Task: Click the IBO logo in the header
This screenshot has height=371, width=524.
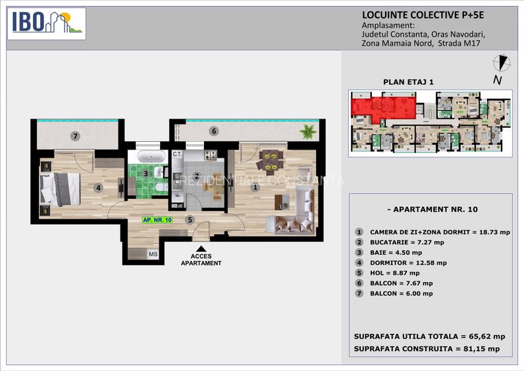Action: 46,23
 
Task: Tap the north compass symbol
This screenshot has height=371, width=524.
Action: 502,63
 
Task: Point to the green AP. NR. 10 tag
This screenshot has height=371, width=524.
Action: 157,220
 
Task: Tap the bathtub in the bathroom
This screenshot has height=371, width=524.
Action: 151,157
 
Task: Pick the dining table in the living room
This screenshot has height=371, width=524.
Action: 270,159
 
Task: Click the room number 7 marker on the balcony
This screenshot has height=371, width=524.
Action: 76,136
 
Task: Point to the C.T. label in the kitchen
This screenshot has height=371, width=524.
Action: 177,154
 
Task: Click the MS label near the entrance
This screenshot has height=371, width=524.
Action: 153,254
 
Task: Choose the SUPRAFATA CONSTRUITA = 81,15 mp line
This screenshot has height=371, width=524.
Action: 427,349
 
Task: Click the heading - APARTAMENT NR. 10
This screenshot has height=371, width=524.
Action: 431,210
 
